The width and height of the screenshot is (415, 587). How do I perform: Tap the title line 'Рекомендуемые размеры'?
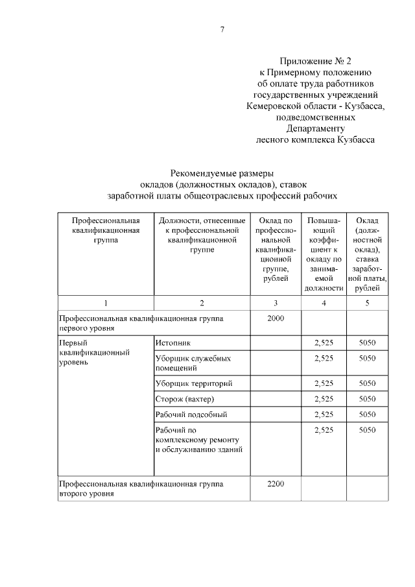(222, 173)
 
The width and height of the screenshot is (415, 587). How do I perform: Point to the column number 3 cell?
(276, 303)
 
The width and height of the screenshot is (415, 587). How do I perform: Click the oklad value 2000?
(276, 318)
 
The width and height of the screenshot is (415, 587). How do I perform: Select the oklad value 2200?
(276, 484)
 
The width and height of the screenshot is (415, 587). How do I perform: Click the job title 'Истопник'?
(174, 342)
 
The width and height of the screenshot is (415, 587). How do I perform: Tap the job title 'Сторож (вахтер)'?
(185, 398)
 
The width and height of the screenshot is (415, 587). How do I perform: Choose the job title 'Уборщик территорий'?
(193, 383)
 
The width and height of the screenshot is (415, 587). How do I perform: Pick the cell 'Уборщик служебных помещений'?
(193, 363)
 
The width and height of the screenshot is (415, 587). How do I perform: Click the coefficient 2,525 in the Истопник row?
(323, 342)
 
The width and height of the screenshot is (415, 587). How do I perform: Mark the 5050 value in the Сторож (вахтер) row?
(367, 398)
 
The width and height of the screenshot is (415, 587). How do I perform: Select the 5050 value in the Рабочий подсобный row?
(367, 414)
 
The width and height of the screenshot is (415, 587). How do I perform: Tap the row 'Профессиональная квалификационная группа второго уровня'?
(141, 489)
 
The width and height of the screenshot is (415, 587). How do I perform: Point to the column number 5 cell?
(367, 303)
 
